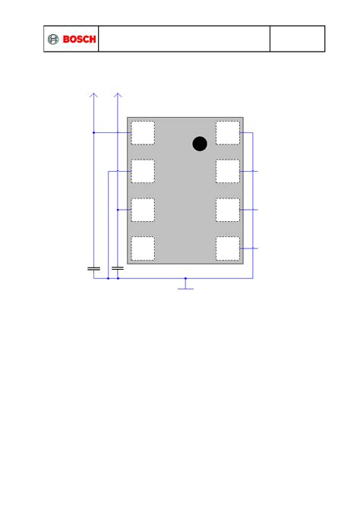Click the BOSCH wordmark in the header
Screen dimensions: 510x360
point(79,40)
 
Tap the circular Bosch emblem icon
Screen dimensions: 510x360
point(53,40)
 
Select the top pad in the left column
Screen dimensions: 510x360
point(143,132)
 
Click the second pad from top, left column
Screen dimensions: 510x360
point(143,171)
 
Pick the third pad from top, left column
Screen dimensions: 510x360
point(143,210)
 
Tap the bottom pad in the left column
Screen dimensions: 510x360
point(143,248)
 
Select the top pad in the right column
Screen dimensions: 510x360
point(228,132)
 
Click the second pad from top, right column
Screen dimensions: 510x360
point(228,171)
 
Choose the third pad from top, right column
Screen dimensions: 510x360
point(228,210)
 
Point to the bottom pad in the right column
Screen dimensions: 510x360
point(228,248)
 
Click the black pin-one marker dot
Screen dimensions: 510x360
point(200,144)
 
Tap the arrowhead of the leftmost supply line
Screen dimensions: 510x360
point(93,95)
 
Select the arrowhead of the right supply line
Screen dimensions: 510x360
point(118,95)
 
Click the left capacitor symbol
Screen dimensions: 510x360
point(93,268)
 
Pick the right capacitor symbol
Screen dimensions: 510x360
point(118,268)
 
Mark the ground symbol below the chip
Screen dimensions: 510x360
point(185,288)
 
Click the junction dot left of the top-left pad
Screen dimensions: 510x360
point(93,132)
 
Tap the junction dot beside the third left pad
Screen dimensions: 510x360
point(118,210)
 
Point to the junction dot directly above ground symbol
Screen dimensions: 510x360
point(185,278)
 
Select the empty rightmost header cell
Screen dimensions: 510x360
point(298,39)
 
